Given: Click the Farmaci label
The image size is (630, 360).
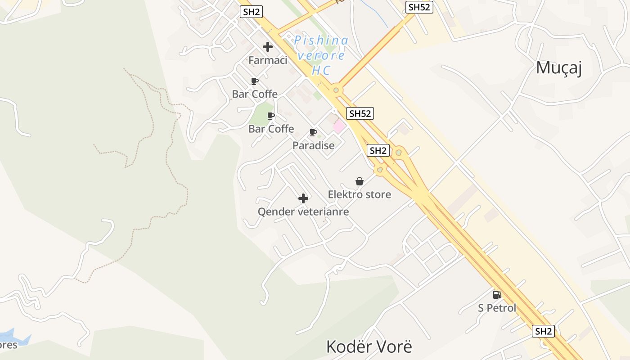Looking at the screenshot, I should click(268, 60).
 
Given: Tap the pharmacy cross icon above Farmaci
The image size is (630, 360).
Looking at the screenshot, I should click(268, 47).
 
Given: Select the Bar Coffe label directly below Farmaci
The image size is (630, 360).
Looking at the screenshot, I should click(255, 94).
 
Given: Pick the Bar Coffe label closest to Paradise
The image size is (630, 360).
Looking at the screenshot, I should click(271, 129).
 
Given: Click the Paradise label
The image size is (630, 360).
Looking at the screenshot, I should click(313, 145).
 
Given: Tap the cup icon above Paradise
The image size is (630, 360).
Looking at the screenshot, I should click(313, 132).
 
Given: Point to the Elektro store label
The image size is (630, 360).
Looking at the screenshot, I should click(359, 194).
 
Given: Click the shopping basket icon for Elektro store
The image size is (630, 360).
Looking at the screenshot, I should click(359, 181).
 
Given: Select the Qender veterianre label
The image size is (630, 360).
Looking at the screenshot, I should click(303, 211).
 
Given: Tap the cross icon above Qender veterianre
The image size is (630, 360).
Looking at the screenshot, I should click(303, 198).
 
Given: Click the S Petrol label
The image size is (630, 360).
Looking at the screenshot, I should click(497, 308).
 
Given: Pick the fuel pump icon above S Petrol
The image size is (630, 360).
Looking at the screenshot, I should click(497, 295).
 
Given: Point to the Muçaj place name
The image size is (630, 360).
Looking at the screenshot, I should click(559, 68).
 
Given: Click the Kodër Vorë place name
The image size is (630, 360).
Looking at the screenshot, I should click(369, 347).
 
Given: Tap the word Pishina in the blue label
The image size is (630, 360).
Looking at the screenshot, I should click(321, 41).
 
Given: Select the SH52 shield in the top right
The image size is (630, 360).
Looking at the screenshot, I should click(418, 7).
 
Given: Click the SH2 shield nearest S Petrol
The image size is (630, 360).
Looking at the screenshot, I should click(543, 331).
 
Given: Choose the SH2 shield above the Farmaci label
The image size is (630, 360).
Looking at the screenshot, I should click(252, 12).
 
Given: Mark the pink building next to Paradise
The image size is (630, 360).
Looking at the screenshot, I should click(339, 126).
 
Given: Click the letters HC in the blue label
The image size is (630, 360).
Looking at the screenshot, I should click(321, 71).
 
